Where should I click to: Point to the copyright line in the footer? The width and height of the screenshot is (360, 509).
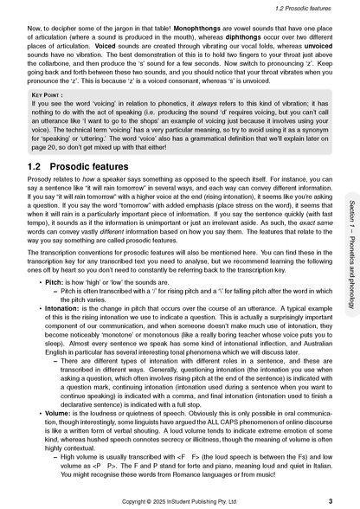[180, 499]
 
